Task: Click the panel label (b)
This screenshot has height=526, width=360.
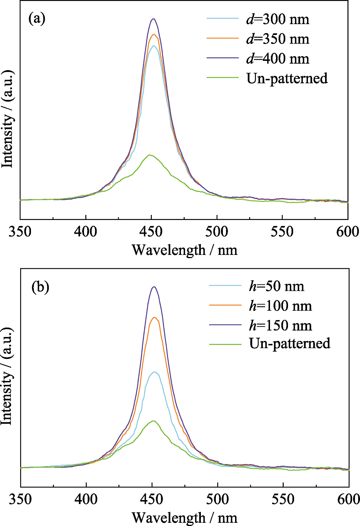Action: point(40,287)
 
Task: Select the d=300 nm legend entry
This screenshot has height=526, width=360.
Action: point(278,19)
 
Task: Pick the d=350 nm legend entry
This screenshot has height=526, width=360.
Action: point(278,39)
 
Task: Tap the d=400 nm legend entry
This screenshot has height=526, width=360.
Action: point(278,59)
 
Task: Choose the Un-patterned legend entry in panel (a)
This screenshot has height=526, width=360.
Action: point(287,78)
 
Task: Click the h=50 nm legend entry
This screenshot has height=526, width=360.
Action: point(276,286)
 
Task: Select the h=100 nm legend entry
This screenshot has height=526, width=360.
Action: point(280,306)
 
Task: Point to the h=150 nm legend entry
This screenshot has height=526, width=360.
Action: point(280,325)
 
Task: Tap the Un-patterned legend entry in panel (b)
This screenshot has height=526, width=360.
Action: point(289,343)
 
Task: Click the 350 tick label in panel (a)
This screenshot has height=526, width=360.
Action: point(20,231)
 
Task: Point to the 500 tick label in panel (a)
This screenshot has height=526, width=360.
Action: point(217,231)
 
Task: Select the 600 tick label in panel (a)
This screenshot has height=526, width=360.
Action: point(347,231)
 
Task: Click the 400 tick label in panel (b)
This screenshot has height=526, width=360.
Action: point(86,499)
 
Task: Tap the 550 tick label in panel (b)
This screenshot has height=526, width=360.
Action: point(283,499)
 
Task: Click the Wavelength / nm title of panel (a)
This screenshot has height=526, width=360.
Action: point(184,250)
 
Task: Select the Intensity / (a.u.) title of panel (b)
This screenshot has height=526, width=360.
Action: point(7,376)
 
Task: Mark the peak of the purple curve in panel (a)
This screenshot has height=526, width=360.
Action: point(154,19)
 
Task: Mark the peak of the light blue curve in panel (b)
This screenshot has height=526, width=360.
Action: point(155,372)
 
